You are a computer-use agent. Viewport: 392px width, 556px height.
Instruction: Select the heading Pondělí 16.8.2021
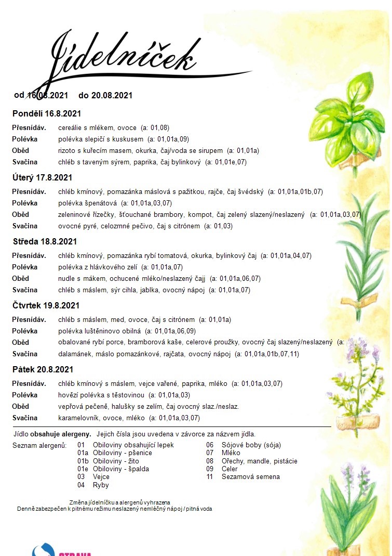click(46, 113)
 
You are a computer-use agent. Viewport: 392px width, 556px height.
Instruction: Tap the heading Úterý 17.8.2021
click(43, 177)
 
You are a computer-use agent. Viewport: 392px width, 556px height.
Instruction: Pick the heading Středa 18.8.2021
click(45, 241)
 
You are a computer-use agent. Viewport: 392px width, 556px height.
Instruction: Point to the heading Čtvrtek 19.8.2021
click(46, 305)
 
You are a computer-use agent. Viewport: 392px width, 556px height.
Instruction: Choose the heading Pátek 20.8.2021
click(43, 369)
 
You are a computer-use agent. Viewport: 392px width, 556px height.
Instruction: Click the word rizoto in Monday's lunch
click(67, 151)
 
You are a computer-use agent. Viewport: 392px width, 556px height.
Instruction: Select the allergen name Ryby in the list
click(101, 485)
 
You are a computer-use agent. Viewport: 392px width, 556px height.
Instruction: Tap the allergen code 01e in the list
click(83, 469)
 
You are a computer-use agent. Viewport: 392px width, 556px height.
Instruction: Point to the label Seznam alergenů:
click(39, 445)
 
